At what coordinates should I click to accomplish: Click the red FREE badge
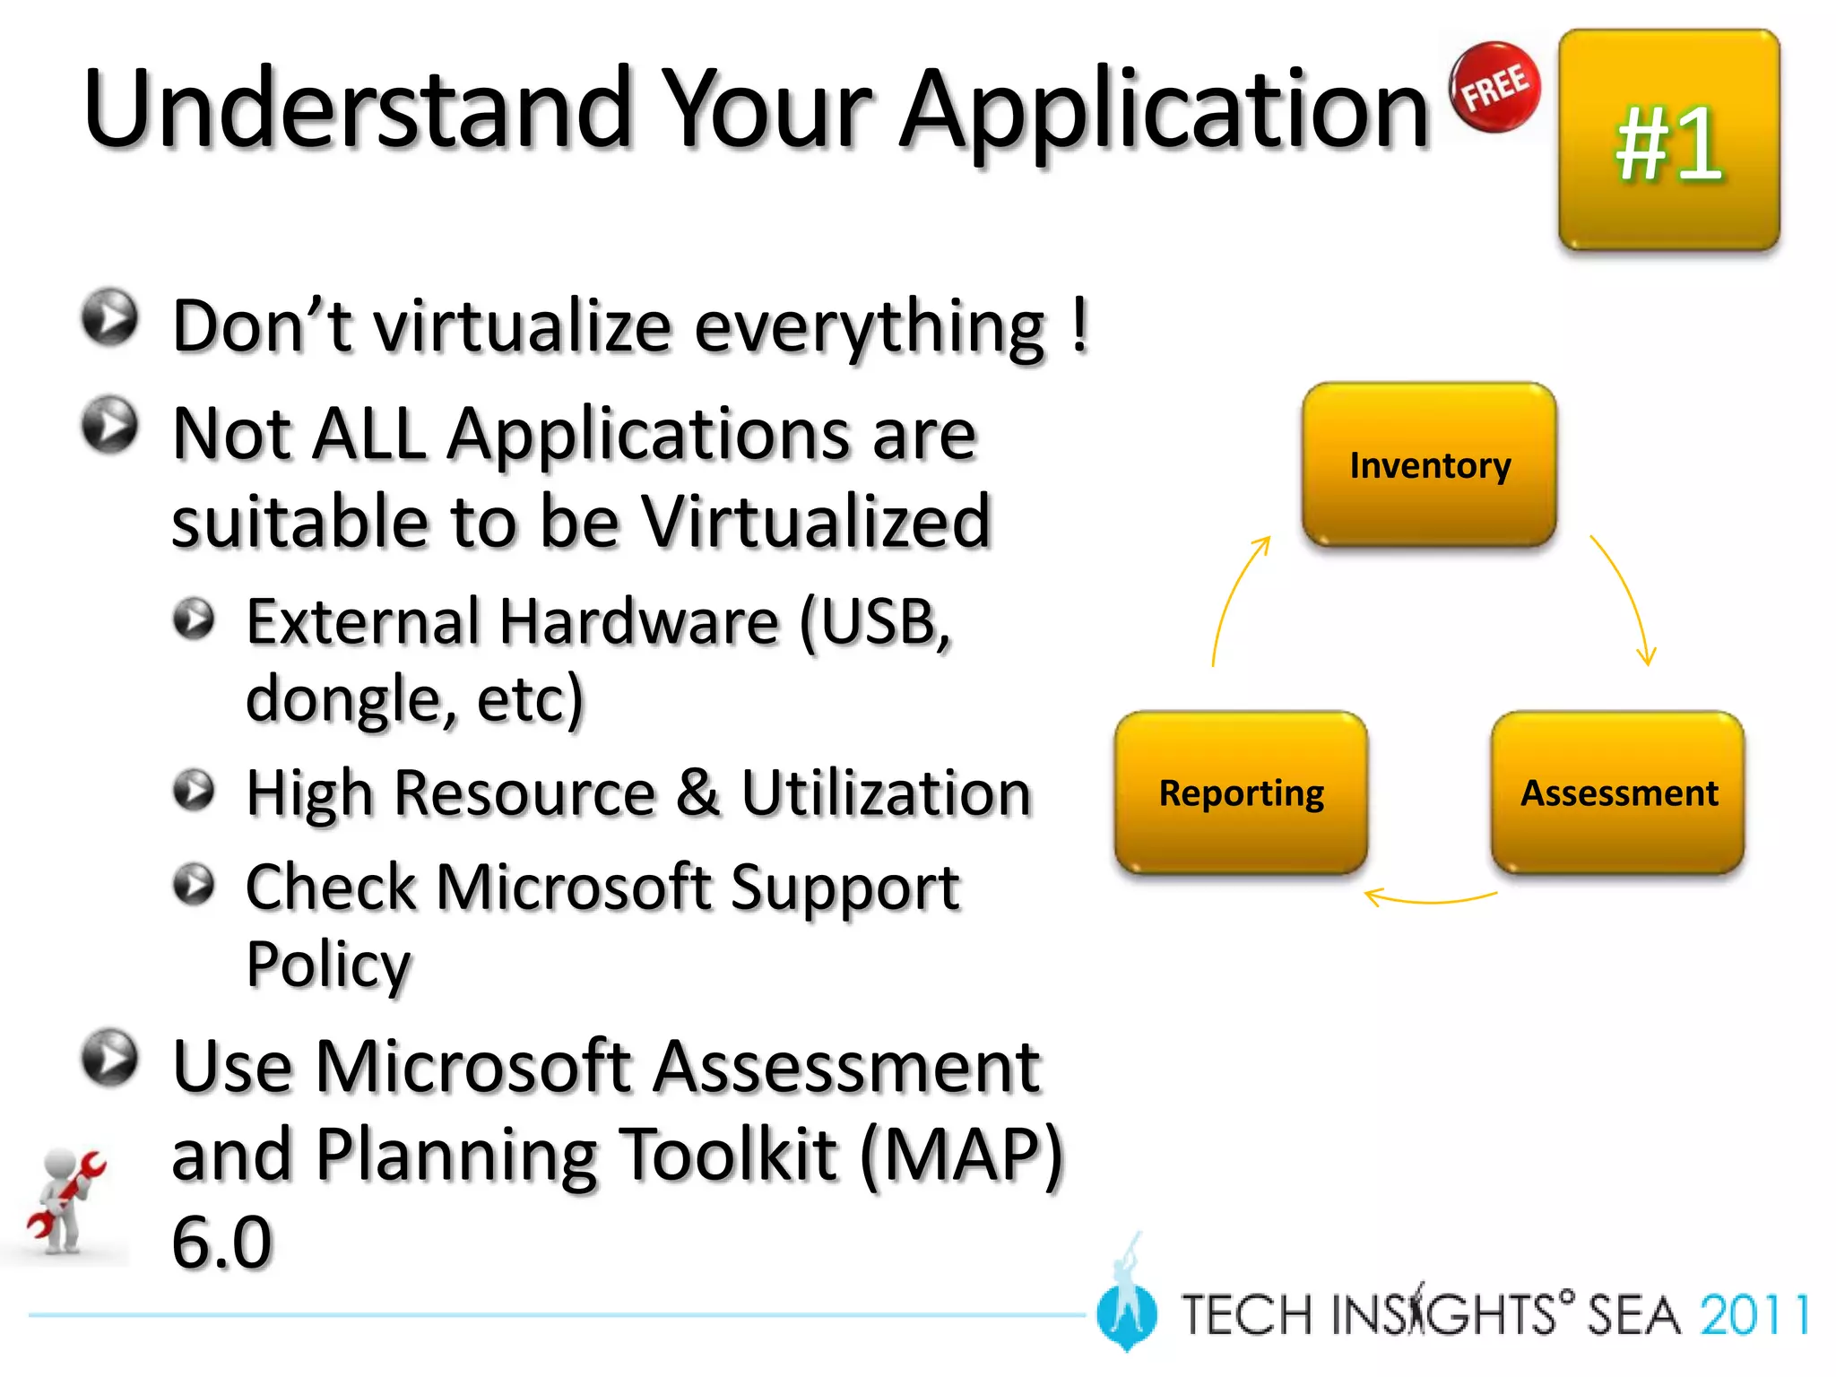[1495, 88]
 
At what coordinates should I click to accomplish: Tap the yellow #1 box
[1668, 141]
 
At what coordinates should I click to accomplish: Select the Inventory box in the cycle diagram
[1429, 465]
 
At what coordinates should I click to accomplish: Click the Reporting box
[1241, 792]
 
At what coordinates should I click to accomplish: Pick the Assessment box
[1618, 792]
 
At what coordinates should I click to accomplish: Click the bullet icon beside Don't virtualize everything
[109, 317]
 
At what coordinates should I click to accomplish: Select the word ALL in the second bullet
[369, 435]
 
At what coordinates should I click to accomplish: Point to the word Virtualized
[816, 522]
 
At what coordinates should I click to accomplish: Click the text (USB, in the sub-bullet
[873, 622]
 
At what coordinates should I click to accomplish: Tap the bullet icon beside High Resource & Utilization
[194, 790]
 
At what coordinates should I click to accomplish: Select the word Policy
[328, 965]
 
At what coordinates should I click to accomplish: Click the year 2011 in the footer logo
[1753, 1316]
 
